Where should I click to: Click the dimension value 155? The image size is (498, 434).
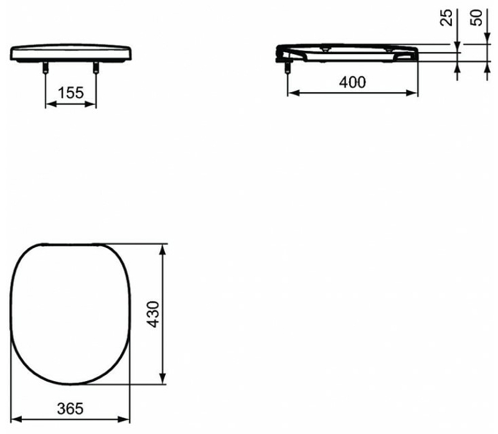pyautogui.click(x=70, y=93)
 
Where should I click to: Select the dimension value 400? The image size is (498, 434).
pyautogui.click(x=352, y=82)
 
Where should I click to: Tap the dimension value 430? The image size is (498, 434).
pyautogui.click(x=154, y=314)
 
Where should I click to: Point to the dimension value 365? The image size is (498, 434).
pyautogui.click(x=70, y=409)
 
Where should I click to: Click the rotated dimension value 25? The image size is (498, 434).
pyautogui.click(x=446, y=17)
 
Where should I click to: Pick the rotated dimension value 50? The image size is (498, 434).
pyautogui.click(x=476, y=17)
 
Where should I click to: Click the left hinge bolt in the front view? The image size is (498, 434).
pyautogui.click(x=45, y=67)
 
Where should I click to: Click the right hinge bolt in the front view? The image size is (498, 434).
pyautogui.click(x=96, y=67)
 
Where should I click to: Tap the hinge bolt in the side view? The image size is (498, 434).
pyautogui.click(x=288, y=67)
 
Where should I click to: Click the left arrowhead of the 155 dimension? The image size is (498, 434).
pyautogui.click(x=51, y=104)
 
